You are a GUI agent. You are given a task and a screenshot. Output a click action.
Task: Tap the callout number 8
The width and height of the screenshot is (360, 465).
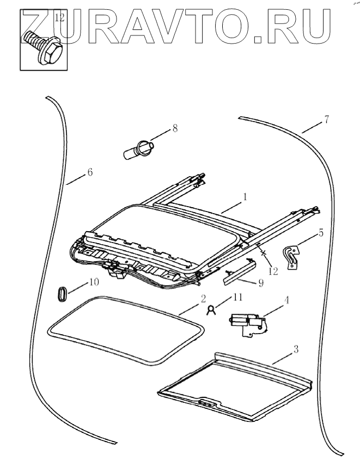pos(175,129)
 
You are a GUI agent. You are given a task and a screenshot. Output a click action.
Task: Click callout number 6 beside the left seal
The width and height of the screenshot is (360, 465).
pos(89,172)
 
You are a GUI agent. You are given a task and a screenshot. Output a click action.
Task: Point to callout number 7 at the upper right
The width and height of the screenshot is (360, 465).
pos(326,120)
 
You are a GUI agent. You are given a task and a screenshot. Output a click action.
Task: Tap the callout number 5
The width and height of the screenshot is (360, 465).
pos(321,233)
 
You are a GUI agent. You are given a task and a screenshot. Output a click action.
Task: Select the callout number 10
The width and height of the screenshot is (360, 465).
pos(93,282)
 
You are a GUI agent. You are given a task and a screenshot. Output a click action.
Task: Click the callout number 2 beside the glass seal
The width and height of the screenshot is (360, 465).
pos(203,298)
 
